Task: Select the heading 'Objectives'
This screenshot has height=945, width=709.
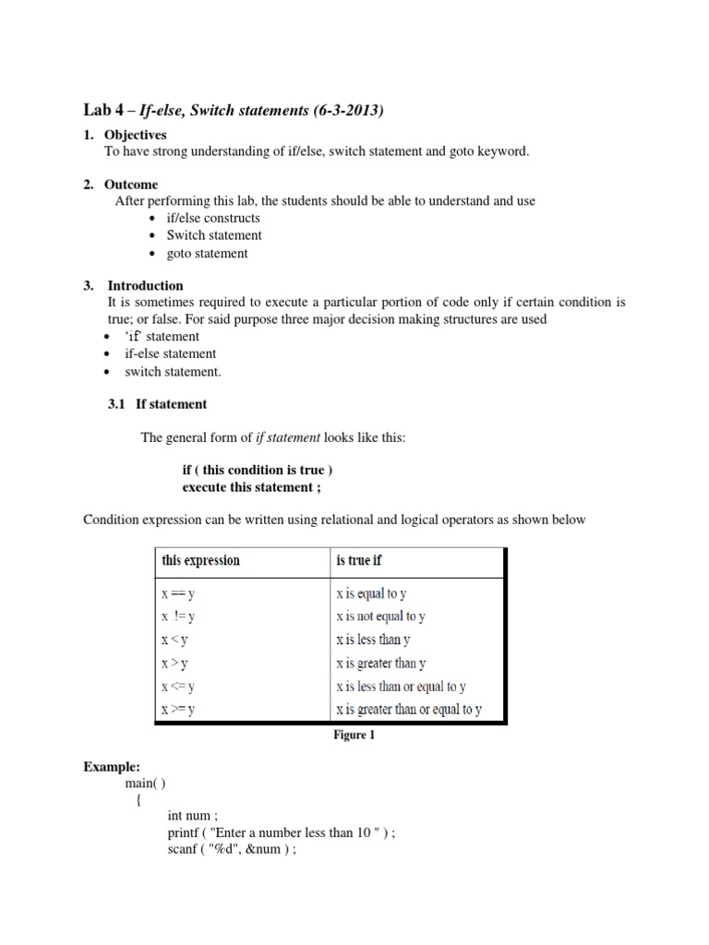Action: (137, 135)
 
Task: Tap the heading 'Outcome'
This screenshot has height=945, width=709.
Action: (133, 185)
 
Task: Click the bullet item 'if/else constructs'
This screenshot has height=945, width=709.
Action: (213, 218)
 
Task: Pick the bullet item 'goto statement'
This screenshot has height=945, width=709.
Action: (207, 253)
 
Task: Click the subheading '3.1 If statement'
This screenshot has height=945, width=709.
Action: (158, 404)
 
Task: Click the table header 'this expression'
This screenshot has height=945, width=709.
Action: (200, 560)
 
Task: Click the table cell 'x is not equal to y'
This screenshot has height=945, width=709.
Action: (380, 616)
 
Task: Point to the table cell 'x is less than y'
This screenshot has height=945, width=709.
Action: (373, 640)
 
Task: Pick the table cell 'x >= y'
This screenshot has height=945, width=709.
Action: (180, 710)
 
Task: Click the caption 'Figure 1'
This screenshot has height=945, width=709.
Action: (354, 736)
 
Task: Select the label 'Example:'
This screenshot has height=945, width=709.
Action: (111, 767)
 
